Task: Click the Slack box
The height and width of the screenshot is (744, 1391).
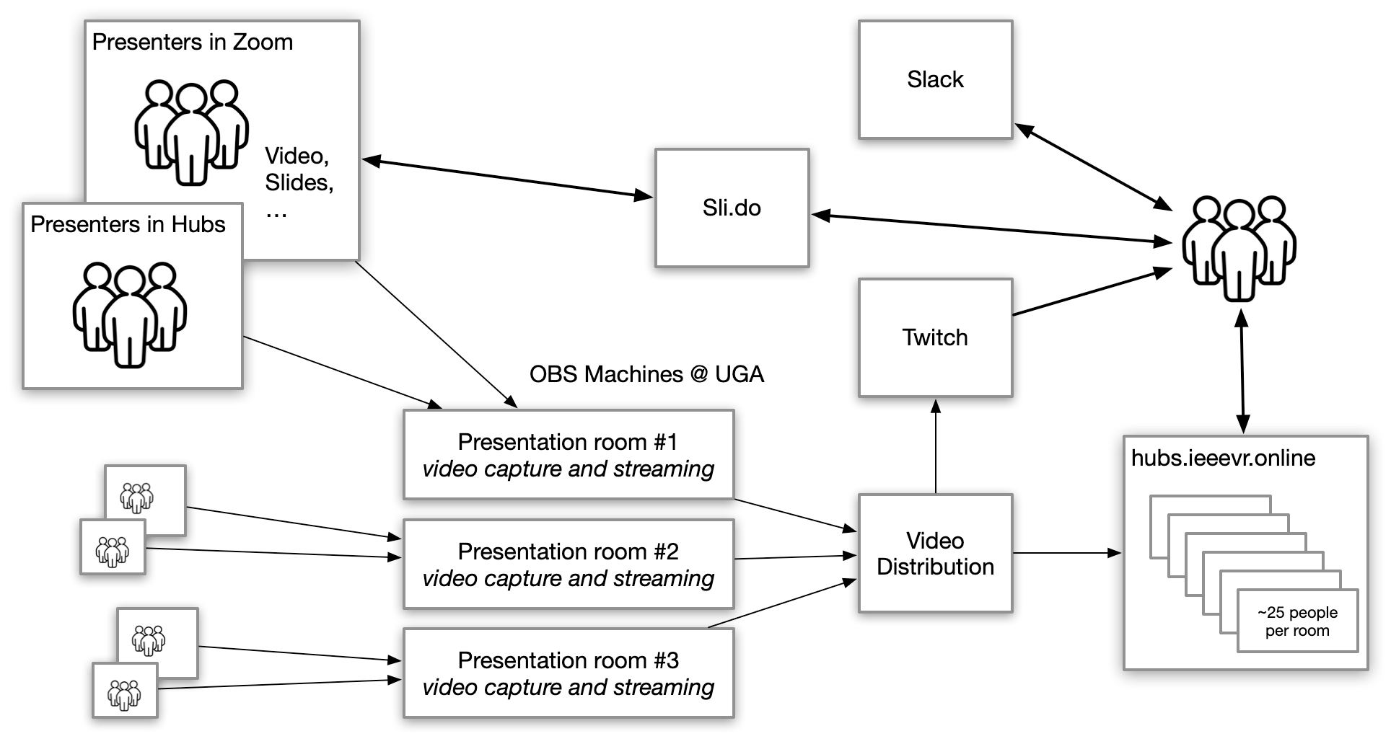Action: point(935,79)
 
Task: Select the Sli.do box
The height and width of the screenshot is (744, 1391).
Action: point(732,208)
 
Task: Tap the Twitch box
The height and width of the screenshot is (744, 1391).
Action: point(935,337)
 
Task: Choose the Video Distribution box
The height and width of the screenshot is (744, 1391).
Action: point(935,554)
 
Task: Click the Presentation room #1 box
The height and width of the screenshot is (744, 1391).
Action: point(569,455)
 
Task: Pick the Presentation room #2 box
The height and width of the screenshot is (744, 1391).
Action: point(569,564)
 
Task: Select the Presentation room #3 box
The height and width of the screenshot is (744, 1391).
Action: point(569,673)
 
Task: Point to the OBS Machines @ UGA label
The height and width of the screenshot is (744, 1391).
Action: point(646,374)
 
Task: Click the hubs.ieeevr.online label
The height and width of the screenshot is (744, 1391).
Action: point(1223,459)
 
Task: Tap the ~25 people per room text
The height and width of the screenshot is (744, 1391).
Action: point(1297,621)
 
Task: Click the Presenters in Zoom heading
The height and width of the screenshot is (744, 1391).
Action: point(193,43)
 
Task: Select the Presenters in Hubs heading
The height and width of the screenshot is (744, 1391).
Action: point(128,225)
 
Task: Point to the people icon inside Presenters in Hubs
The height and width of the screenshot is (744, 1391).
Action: point(130,314)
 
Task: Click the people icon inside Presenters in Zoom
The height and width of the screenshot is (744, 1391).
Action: point(192,133)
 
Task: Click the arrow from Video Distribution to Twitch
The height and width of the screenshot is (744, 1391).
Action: point(936,447)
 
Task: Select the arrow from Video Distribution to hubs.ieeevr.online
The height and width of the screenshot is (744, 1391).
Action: point(1068,553)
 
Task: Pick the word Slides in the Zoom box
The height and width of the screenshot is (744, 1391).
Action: point(298,182)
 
